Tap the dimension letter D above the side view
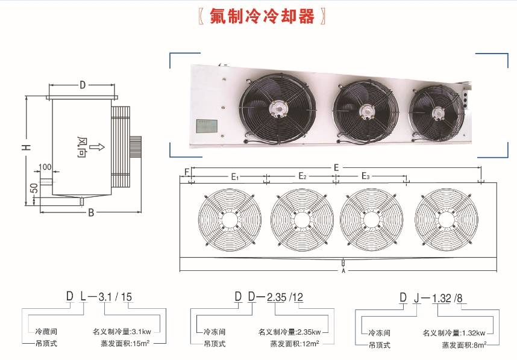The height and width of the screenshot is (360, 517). [83, 85]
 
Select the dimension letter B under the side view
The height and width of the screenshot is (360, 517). [90, 213]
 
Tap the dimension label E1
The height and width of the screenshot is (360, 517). [236, 177]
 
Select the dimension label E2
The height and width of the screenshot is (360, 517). [302, 177]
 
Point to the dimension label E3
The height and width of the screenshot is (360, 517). [366, 176]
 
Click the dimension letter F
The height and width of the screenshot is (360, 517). [188, 172]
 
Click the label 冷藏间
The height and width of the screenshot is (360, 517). [46, 331]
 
